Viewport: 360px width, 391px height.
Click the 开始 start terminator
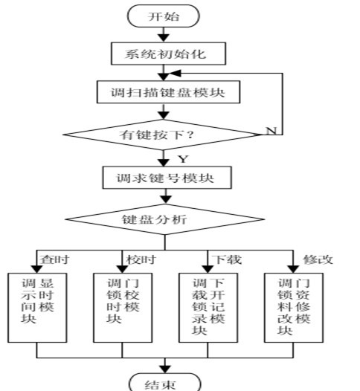tap(164, 16)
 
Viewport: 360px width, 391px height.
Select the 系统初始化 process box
tap(168, 54)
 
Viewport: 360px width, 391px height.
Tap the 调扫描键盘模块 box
tap(168, 92)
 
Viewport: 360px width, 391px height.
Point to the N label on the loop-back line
tap(271, 131)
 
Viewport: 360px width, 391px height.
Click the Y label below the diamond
tap(184, 159)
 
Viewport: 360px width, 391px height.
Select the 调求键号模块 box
tap(167, 178)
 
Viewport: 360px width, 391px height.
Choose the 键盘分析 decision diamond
tap(164, 219)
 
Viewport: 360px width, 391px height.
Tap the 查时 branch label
tap(54, 259)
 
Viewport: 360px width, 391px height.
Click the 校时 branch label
tap(141, 259)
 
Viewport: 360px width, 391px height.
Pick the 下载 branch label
tap(227, 259)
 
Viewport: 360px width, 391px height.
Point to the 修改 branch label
tap(318, 259)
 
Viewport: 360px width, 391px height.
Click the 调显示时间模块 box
tap(37, 308)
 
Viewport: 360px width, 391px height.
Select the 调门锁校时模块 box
tap(123, 308)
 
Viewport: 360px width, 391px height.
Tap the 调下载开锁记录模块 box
tap(208, 308)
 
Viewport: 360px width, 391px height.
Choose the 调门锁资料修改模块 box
tap(294, 308)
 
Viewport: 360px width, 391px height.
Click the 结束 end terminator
tap(164, 383)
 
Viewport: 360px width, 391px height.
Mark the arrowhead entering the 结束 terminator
tap(164, 369)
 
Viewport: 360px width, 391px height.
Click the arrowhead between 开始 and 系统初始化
tap(164, 38)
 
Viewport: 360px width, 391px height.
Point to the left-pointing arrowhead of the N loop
tap(175, 73)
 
